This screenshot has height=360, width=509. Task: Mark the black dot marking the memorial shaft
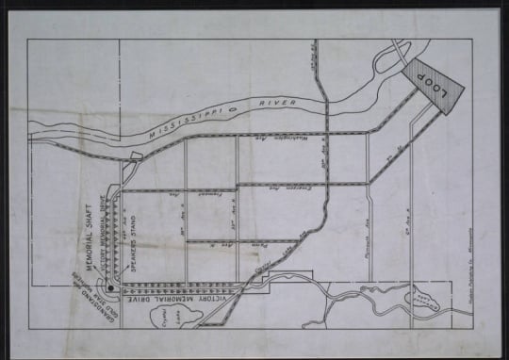click(110, 286)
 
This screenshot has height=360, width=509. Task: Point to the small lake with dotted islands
click(422, 302)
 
